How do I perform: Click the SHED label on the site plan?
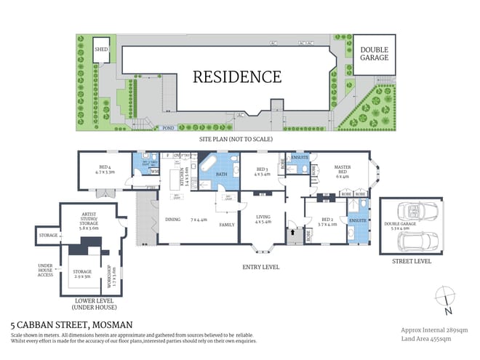pos(100,49)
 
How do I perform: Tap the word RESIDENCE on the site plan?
pos(236,76)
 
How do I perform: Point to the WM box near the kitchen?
pos(154,172)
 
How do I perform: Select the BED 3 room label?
pos(261,171)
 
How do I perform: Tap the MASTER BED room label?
pos(342,171)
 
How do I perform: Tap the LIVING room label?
pos(262,217)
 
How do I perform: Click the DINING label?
pos(172,219)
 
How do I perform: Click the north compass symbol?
pos(447,299)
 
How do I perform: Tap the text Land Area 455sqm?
pos(424,337)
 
